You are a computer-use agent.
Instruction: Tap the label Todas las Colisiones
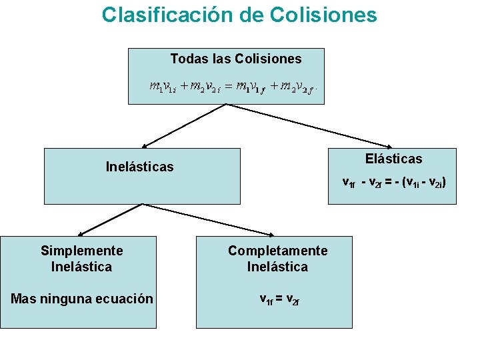point(236,59)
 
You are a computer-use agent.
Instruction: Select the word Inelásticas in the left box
point(139,167)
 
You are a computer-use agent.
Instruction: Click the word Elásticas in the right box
point(393,159)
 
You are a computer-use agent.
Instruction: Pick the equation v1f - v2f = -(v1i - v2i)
point(399,181)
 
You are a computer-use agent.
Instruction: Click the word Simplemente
point(82,251)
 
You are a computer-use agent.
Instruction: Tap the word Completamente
point(278,251)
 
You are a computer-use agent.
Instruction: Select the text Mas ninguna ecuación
point(82,299)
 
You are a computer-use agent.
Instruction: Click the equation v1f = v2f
point(279,299)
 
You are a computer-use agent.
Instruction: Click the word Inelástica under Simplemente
point(81,267)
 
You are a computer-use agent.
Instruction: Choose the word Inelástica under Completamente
point(277,267)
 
